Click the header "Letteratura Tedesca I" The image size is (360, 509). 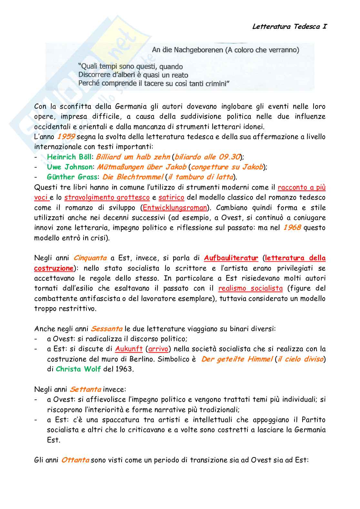coord(289,26)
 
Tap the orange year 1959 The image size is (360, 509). coord(66,137)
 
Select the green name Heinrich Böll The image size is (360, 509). coord(69,157)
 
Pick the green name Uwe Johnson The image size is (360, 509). coord(70,167)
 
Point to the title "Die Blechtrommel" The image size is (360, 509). coord(133,177)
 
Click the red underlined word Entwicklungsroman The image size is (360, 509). coord(175,208)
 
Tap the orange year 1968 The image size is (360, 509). coord(292,228)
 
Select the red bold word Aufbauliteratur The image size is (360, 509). coord(231,258)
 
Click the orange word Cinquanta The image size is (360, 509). coord(90,258)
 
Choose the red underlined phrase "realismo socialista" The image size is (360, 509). coord(250,289)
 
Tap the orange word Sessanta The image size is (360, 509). coord(106,329)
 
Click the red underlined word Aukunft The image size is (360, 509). coord(129,349)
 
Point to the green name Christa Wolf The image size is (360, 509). coord(78,369)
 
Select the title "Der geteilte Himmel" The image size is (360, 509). coord(237,359)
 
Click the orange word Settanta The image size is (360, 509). coord(85,389)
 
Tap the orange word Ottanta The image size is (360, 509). coord(75,460)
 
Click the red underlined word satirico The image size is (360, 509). coord(171,197)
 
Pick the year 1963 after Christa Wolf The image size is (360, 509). coord(124,369)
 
